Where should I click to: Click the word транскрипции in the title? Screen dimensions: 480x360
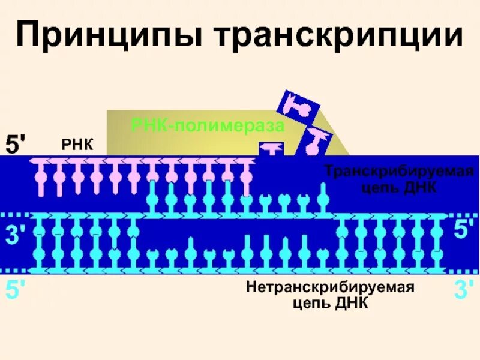coord(336,37)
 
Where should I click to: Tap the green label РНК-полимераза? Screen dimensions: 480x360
coord(207,126)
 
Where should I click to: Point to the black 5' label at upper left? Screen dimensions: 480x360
coord(16,145)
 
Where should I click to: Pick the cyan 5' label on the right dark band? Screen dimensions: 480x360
coord(463,232)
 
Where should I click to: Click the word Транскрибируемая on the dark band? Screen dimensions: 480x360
coord(399,172)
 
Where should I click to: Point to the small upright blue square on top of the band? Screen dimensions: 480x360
coord(271,149)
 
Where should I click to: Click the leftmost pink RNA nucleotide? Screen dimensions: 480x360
coord(41,178)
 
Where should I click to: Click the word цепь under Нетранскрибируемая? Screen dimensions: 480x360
coord(309,303)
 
